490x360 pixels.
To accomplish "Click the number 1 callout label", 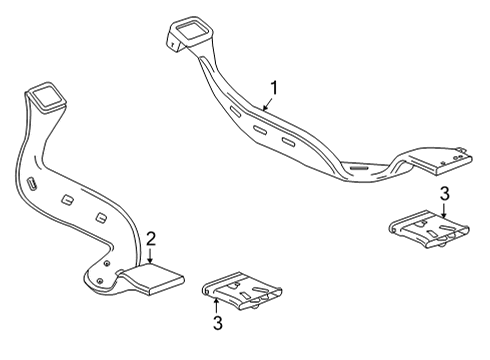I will point(271,87).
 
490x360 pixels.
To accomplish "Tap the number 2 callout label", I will point(150,238).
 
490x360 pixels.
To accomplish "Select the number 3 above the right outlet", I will point(445,193).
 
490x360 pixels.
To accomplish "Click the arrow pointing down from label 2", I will point(150,255).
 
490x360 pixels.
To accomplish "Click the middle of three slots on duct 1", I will point(260,129).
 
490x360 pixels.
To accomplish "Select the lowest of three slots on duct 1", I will point(288,144).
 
